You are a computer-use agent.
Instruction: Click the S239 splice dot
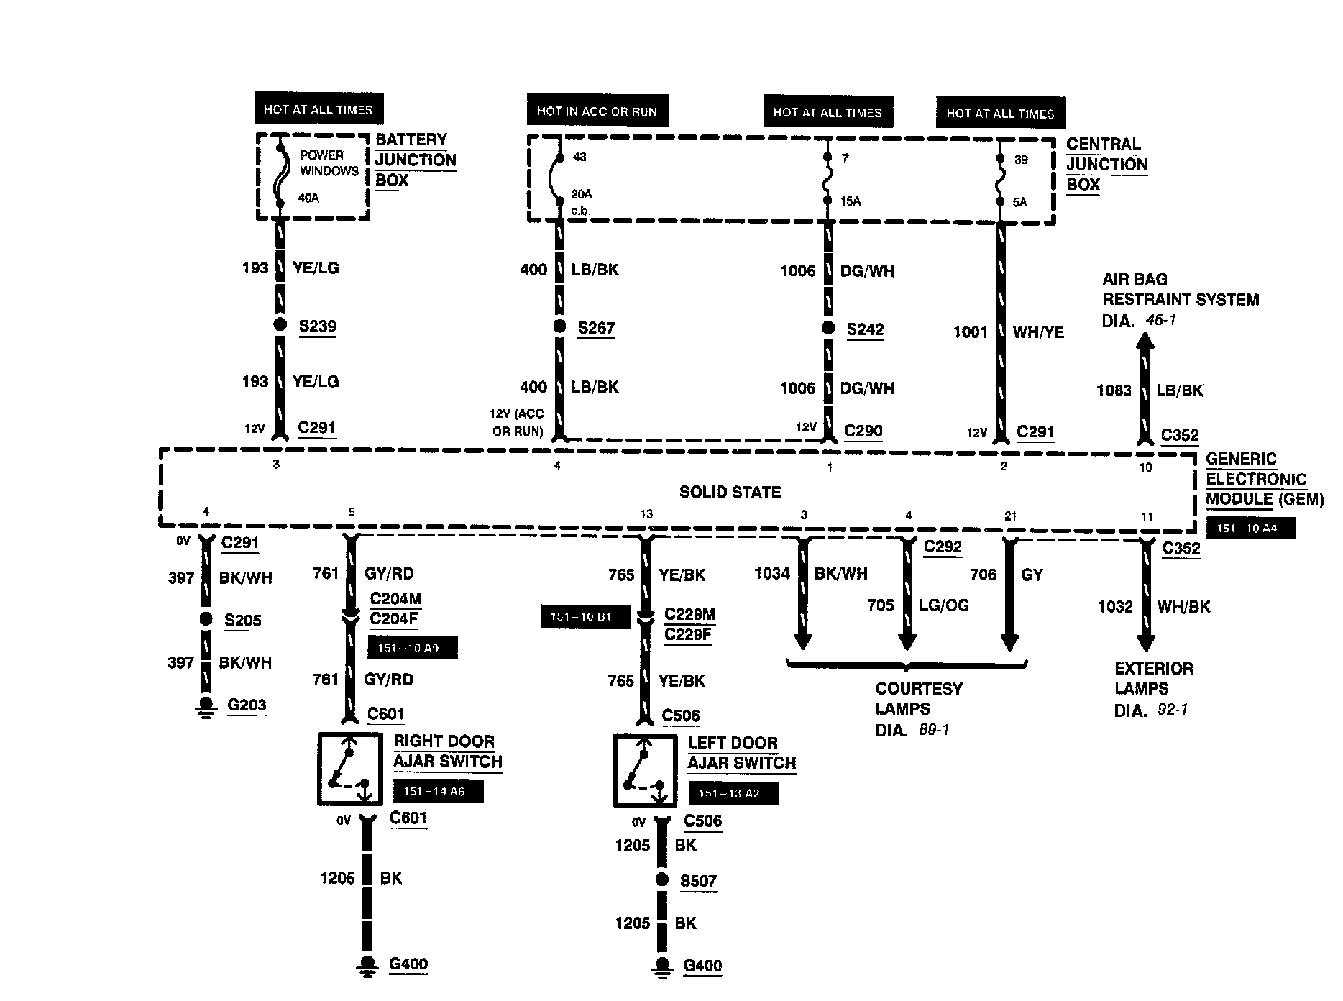pyautogui.click(x=280, y=324)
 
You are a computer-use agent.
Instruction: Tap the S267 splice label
pyautogui.click(x=596, y=329)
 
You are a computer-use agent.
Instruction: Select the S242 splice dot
pyautogui.click(x=828, y=328)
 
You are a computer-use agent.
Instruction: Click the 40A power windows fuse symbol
pyautogui.click(x=280, y=176)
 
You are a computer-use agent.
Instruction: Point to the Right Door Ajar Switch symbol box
pyautogui.click(x=349, y=769)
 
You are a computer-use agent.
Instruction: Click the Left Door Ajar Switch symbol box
pyautogui.click(x=644, y=770)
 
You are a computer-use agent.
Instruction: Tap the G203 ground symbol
pyautogui.click(x=206, y=706)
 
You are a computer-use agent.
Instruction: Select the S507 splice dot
pyautogui.click(x=661, y=879)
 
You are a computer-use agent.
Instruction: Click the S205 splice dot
pyautogui.click(x=206, y=619)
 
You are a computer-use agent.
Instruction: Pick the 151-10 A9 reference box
pyautogui.click(x=412, y=648)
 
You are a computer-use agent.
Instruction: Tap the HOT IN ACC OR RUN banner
pyautogui.click(x=597, y=111)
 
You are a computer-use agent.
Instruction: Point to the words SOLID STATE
pyautogui.click(x=730, y=493)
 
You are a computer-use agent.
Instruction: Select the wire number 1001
pyautogui.click(x=970, y=332)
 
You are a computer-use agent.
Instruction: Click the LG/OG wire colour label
pyautogui.click(x=943, y=605)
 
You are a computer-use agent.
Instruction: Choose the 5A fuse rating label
pyautogui.click(x=1020, y=202)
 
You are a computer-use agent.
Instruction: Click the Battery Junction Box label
pyautogui.click(x=415, y=160)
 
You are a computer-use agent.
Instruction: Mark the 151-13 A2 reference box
pyautogui.click(x=733, y=794)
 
